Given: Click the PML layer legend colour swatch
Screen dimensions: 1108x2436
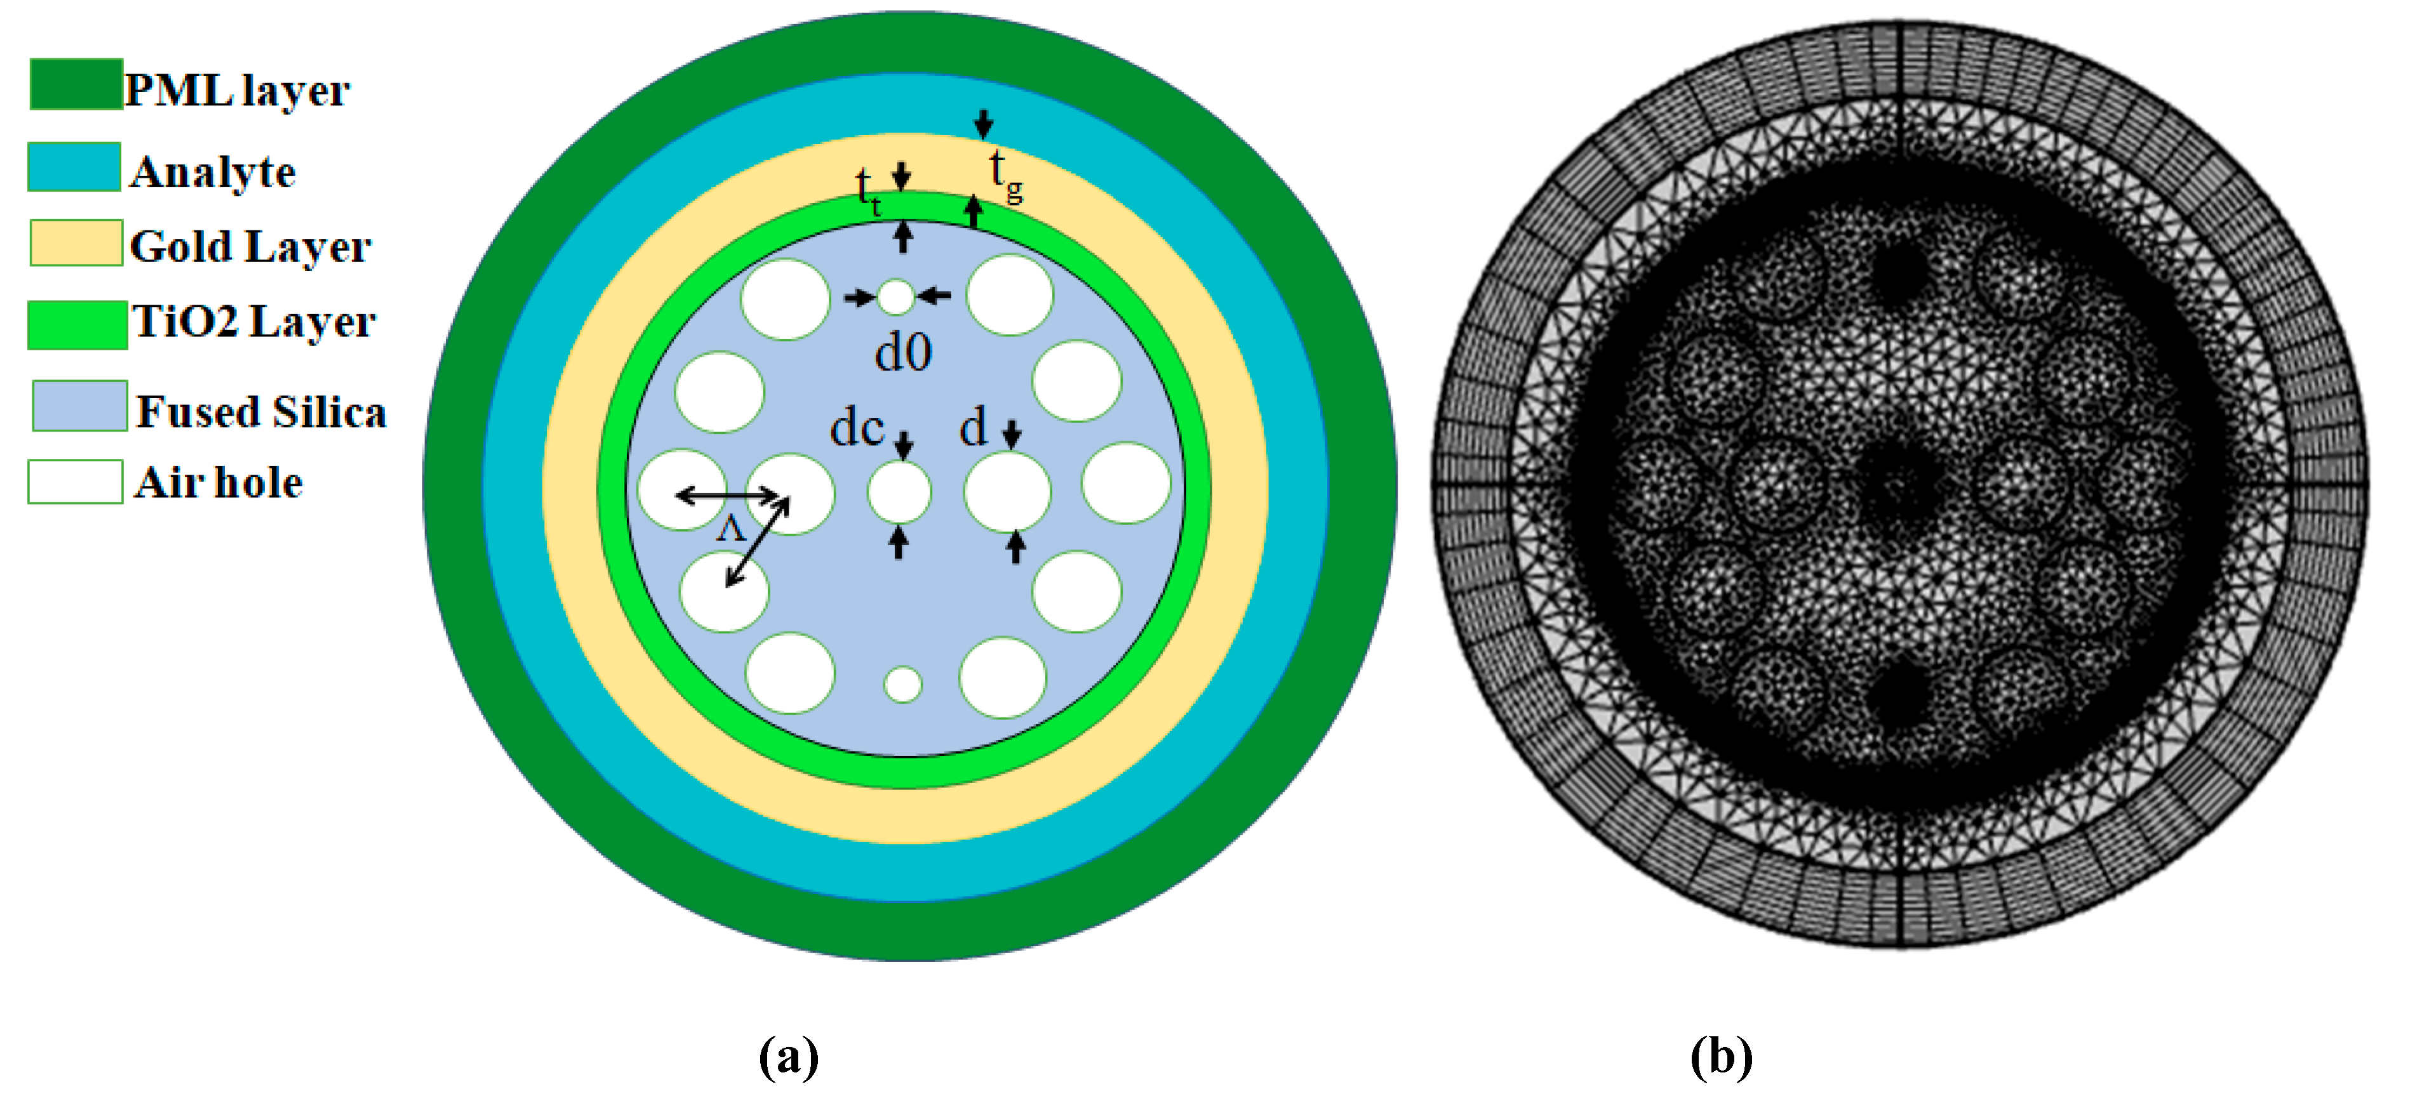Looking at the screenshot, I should [76, 84].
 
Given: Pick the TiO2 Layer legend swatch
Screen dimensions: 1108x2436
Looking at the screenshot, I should [77, 324].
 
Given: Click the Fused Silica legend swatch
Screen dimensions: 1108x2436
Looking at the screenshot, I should [79, 406].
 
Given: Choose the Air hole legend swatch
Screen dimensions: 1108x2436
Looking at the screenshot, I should [75, 481].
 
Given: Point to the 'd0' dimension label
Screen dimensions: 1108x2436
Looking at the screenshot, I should [903, 353].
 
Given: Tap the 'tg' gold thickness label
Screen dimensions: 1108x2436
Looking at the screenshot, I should [1004, 176].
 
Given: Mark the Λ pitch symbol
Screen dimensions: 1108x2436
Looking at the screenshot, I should [731, 527].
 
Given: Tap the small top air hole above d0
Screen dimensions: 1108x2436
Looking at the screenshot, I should [895, 297].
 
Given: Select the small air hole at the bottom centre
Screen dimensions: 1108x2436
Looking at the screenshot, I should [902, 685].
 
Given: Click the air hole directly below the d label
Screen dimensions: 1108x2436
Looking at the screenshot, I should [1007, 490].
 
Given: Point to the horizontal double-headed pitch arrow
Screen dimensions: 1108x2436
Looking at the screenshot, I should [726, 494].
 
